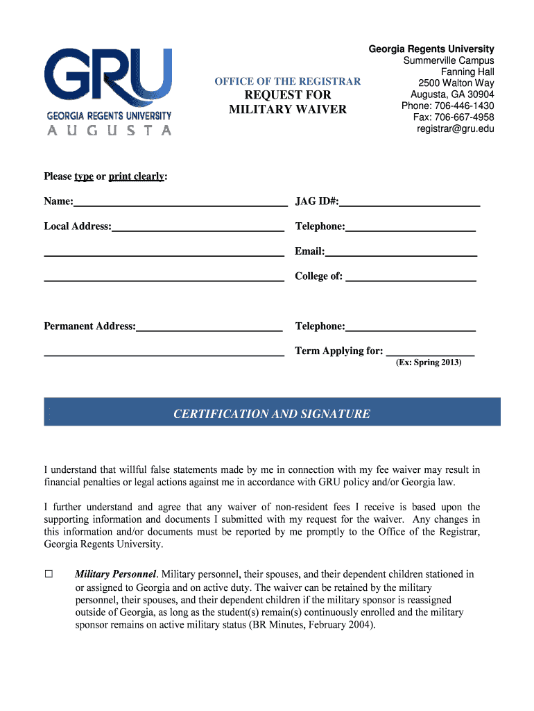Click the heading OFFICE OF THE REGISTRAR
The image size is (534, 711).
[x=287, y=81]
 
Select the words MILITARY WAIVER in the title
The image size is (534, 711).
[x=287, y=109]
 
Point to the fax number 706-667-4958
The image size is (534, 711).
[x=467, y=117]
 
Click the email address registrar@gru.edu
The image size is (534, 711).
[x=455, y=128]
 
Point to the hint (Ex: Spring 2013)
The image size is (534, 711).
[x=428, y=362]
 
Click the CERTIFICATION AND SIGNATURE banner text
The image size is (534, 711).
[x=272, y=414]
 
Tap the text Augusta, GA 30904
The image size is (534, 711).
[x=452, y=94]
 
